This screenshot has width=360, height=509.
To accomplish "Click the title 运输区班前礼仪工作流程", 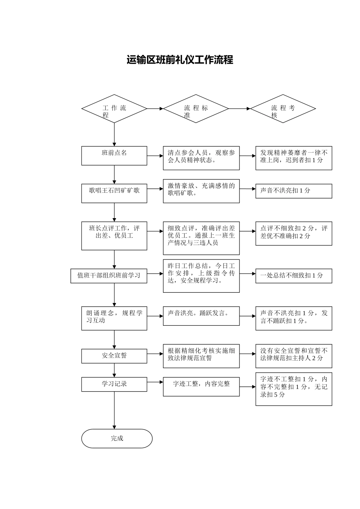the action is [x=180, y=60].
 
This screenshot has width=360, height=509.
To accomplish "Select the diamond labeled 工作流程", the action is [x=114, y=109].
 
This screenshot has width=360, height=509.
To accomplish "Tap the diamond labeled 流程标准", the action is [x=196, y=109].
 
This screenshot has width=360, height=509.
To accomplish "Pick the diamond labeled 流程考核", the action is [x=283, y=109].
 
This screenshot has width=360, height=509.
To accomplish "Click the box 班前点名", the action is [x=114, y=156].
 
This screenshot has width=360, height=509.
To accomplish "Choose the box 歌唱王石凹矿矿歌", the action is [x=114, y=194].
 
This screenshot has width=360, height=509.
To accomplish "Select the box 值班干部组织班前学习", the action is [x=109, y=276].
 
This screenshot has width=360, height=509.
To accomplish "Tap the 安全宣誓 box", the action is [x=114, y=356].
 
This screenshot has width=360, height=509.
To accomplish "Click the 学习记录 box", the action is [x=114, y=384].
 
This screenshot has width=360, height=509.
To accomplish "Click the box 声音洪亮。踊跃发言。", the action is [x=201, y=316].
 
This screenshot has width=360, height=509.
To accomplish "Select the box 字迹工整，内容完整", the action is [x=201, y=387].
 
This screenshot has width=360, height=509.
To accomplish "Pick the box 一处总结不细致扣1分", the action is [x=294, y=276].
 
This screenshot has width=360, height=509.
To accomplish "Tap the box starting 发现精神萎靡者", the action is [x=294, y=158].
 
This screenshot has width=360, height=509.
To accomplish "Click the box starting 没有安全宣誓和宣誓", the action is [x=294, y=356].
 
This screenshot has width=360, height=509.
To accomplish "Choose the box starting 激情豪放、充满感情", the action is [x=201, y=191].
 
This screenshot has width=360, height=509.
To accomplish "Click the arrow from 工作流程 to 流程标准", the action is [x=155, y=109].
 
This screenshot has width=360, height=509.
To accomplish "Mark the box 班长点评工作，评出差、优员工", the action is [x=114, y=236].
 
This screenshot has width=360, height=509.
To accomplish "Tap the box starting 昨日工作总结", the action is [x=201, y=276].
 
